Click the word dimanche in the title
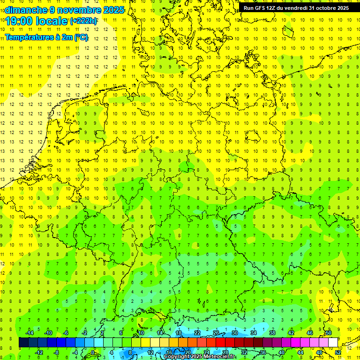pyautogui.click(x=26, y=10)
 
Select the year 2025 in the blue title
pyautogui.click(x=113, y=10)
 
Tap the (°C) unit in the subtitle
pyautogui.click(x=81, y=37)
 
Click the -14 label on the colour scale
pyautogui.click(x=30, y=333)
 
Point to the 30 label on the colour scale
pyautogui.click(x=234, y=333)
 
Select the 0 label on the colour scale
pyautogui.click(x=93, y=352)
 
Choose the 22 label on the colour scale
pyautogui.click(x=197, y=333)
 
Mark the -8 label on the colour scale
pyautogui.click(x=57, y=352)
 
